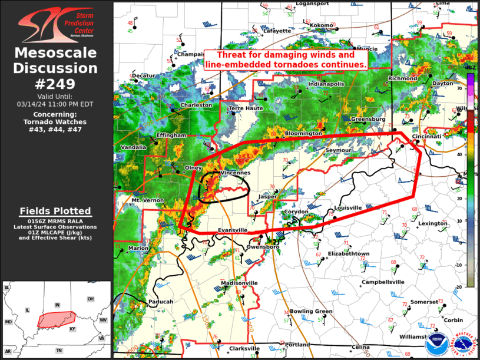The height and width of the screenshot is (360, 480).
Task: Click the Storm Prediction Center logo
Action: (56, 24)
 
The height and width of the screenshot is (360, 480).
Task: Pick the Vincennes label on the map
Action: (235, 173)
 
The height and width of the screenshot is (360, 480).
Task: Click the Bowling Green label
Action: (311, 311)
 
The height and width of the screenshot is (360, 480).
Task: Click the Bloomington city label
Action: (303, 134)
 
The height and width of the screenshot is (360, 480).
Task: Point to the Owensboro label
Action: (263, 247)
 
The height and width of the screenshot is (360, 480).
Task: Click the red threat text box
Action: (286, 60)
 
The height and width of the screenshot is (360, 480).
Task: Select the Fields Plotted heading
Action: (55, 211)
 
